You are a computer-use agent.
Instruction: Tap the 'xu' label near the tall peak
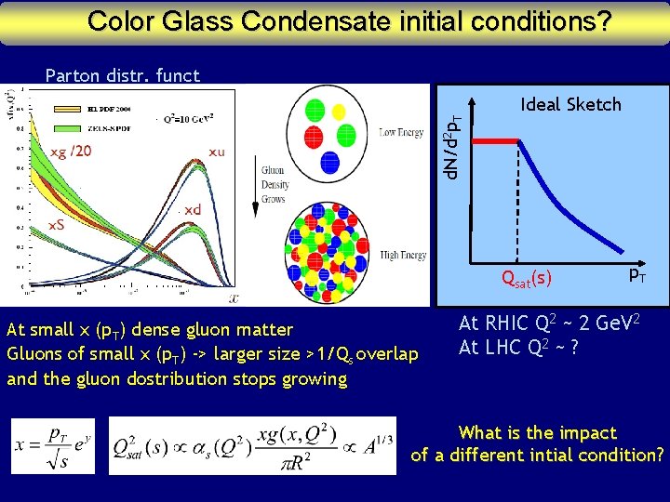click(216, 152)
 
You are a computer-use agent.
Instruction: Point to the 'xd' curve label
click(193, 210)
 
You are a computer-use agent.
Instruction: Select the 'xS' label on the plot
click(57, 225)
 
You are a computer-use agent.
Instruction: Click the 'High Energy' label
click(403, 256)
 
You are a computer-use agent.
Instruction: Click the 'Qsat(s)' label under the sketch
click(526, 277)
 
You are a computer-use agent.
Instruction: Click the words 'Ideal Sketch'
click(570, 104)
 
